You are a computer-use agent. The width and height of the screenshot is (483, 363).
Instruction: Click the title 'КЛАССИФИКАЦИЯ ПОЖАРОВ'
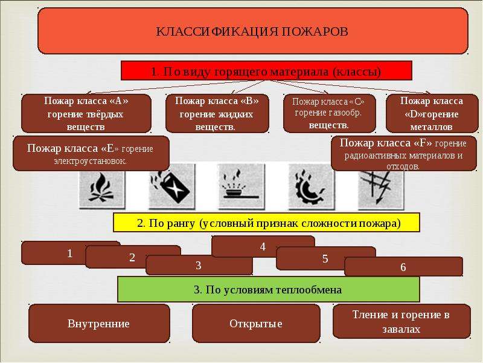pos(252,31)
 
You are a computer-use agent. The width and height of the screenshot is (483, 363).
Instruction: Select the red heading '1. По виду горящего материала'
pos(266,71)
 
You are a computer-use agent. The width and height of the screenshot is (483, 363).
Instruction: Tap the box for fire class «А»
pos(86,114)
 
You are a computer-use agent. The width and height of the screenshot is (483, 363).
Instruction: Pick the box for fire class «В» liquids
pos(217,114)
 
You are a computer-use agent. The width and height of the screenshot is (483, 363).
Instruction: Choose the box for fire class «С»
pos(329,114)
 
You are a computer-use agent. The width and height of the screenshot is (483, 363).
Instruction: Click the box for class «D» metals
pos(432,114)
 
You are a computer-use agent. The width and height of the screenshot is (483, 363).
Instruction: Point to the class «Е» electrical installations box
pos(91,154)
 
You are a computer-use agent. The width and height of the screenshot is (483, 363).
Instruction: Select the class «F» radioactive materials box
pos(404,154)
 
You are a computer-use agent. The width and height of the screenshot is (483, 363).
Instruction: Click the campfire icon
pos(101,186)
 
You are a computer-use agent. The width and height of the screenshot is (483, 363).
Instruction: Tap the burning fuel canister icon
pos(171,186)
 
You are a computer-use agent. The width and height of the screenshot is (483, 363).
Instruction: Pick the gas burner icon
pos(241,186)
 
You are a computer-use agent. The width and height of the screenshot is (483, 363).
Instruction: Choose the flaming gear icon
pos(311,186)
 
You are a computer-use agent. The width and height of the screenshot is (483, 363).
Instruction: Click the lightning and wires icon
pos(381,188)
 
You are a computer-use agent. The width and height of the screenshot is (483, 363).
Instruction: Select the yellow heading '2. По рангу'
pos(266,222)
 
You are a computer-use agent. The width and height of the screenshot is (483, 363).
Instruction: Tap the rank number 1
pos(69,253)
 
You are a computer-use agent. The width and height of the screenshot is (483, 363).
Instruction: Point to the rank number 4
pos(263,247)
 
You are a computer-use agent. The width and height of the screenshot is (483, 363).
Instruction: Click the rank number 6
pos(403,267)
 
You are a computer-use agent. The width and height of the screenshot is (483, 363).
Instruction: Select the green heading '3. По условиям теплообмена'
pos(268,289)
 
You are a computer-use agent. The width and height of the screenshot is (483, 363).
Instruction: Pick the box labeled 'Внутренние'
pos(99,324)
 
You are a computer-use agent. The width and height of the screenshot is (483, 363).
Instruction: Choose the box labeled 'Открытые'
pos(256,324)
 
